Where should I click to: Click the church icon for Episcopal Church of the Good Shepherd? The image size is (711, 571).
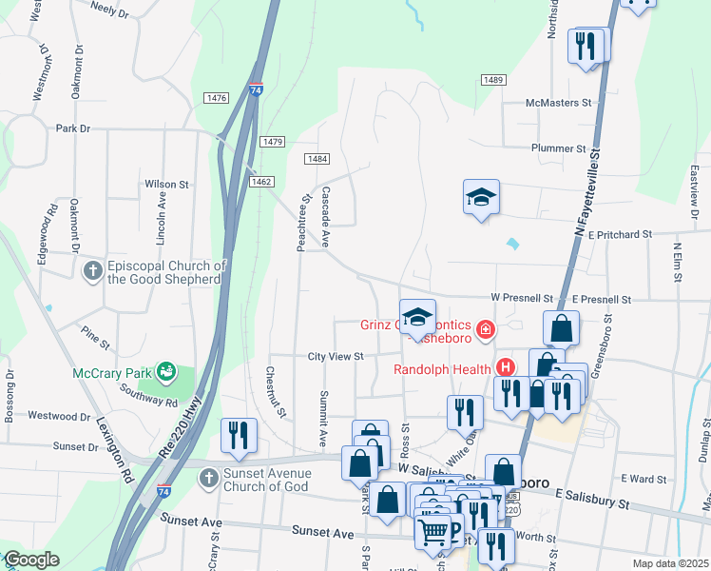click(x=92, y=272)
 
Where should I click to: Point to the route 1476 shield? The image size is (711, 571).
click(x=216, y=98)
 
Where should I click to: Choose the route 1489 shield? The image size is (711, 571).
click(x=491, y=80)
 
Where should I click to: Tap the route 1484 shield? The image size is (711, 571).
click(x=317, y=159)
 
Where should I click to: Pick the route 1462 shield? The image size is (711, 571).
click(x=262, y=181)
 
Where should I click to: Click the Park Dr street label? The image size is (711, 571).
click(x=72, y=128)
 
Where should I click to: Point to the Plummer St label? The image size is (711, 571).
click(x=558, y=148)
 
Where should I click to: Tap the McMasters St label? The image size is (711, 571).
click(x=559, y=103)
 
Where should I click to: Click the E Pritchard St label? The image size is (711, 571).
click(x=620, y=233)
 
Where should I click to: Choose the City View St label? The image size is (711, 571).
click(x=336, y=357)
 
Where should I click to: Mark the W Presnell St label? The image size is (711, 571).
click(x=522, y=298)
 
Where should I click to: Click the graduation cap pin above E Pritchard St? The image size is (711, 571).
click(x=481, y=197)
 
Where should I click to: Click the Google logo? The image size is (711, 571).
click(x=32, y=561)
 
